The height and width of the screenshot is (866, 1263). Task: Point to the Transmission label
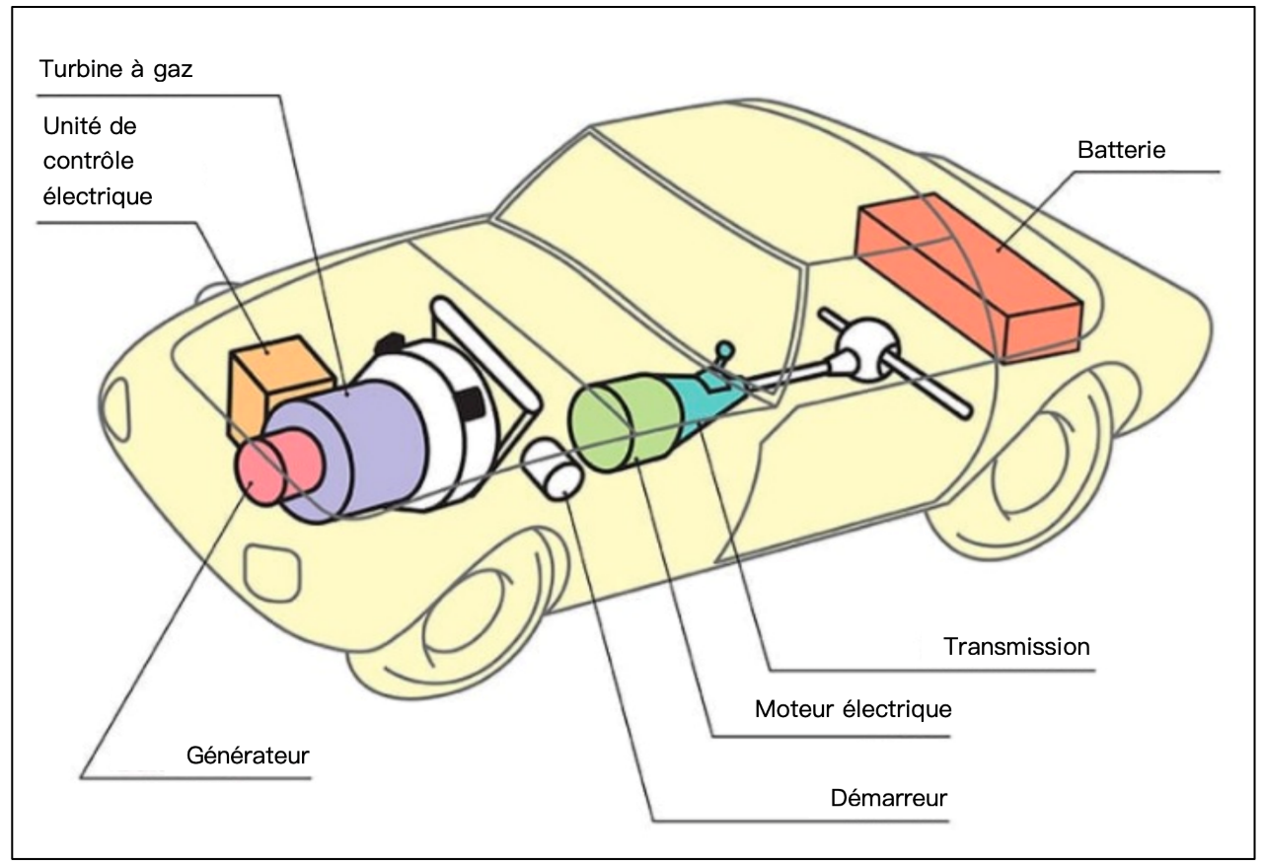point(1016,647)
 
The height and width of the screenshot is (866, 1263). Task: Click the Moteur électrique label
point(853,708)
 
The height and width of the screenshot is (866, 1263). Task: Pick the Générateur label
point(248,757)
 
